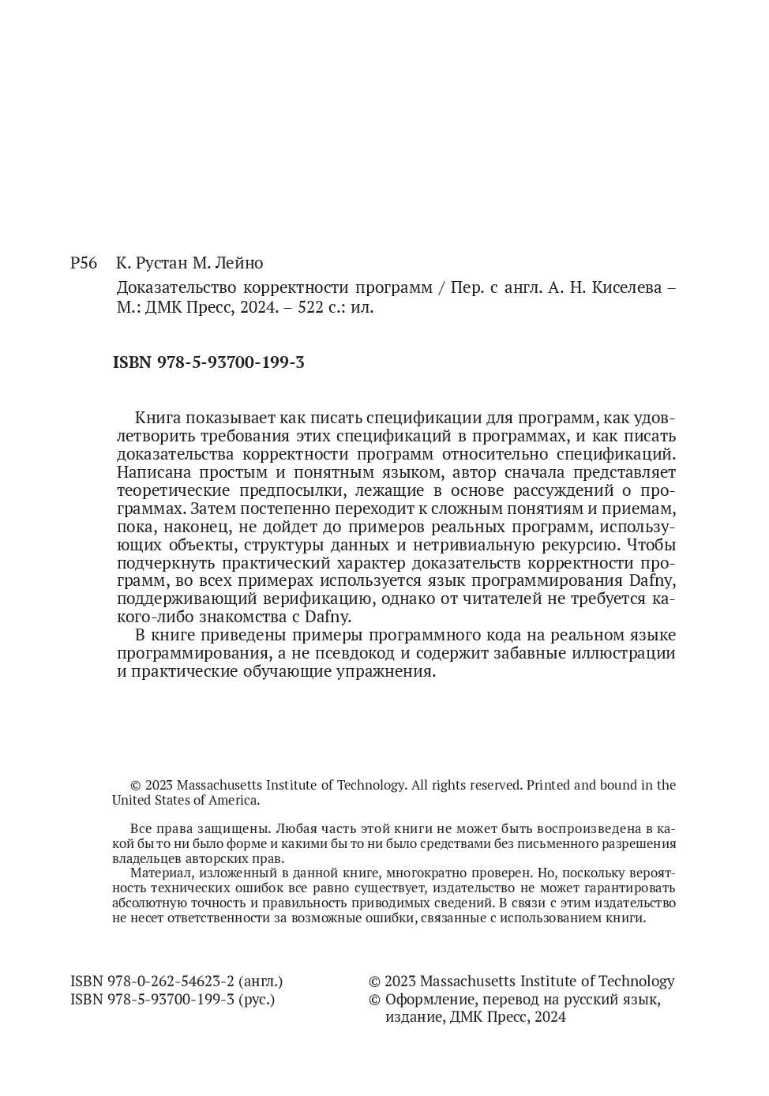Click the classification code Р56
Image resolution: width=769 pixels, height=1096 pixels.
click(x=83, y=263)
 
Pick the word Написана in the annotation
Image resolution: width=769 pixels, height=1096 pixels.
click(x=151, y=472)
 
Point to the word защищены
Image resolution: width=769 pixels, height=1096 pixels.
click(x=238, y=829)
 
